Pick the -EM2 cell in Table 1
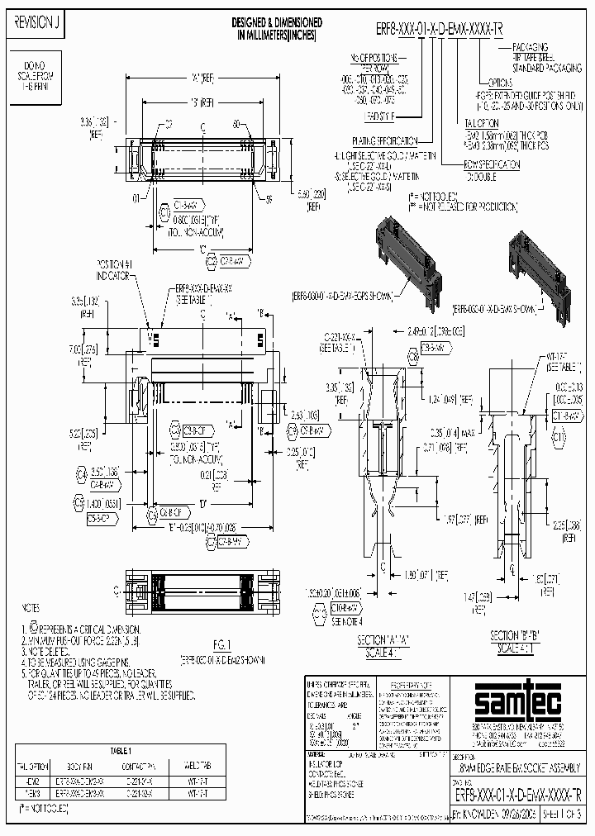coord(35,778)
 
